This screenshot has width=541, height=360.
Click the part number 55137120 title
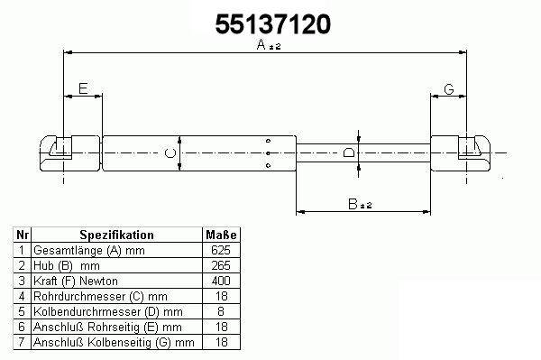273,24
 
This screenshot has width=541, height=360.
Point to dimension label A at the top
269,44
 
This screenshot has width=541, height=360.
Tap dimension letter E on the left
83,88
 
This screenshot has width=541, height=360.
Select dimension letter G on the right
448,89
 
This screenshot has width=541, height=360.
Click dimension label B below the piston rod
360,204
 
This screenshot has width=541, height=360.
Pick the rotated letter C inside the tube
170,152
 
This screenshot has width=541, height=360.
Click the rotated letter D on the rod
349,152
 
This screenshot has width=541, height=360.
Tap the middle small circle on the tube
268,153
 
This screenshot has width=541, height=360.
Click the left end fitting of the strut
70,153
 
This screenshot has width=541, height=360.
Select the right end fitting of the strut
461,153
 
